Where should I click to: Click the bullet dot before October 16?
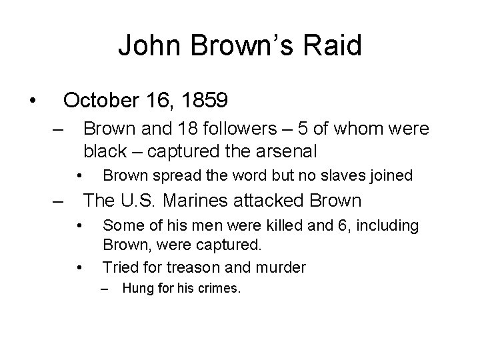point(31,101)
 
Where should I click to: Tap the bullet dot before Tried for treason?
point(79,268)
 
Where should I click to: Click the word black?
point(101,150)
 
